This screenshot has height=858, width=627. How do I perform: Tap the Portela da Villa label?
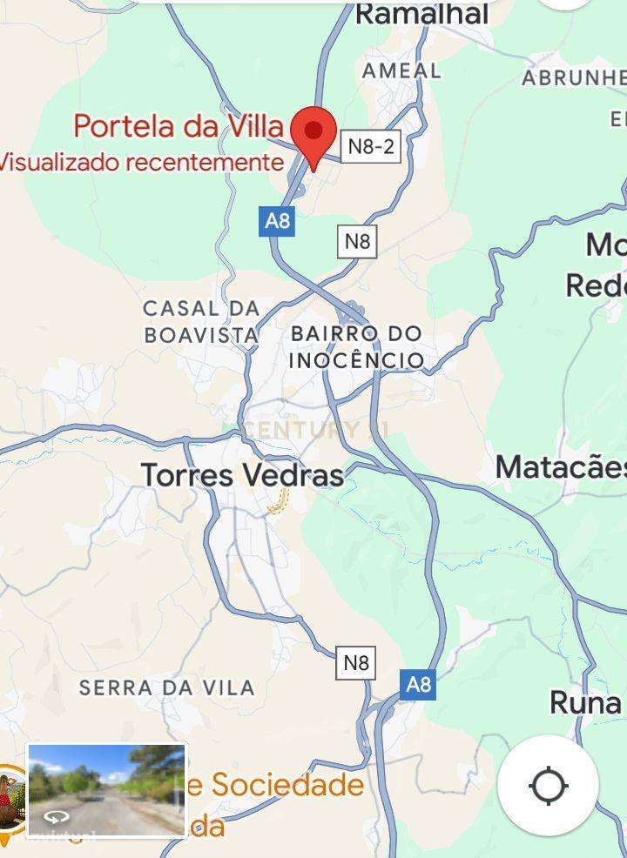(179, 126)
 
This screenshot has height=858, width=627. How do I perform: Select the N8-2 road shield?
(371, 146)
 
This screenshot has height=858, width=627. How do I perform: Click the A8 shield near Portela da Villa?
(277, 220)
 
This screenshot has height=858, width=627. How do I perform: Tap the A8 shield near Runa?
(418, 684)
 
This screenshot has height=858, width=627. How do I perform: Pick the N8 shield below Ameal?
(357, 241)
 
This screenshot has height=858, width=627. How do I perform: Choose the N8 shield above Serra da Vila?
(355, 663)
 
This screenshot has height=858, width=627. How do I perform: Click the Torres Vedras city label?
(242, 475)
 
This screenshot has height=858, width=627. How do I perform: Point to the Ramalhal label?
(421, 14)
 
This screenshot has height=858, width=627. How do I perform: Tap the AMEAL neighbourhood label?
(401, 70)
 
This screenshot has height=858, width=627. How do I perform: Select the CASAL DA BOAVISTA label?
(202, 321)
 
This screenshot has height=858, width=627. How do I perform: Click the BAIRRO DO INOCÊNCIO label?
(356, 346)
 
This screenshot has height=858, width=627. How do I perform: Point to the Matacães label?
(561, 467)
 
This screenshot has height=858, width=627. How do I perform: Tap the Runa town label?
(585, 703)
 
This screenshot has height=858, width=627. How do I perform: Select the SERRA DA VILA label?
(166, 687)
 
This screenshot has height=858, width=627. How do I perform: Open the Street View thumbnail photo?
(106, 789)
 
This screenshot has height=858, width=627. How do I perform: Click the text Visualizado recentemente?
(141, 162)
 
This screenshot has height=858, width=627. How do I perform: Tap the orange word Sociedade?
(287, 785)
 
